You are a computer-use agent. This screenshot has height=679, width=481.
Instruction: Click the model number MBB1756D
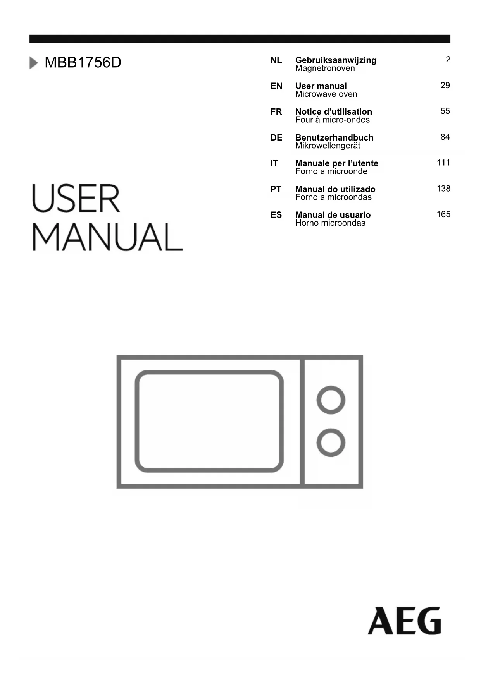point(83,63)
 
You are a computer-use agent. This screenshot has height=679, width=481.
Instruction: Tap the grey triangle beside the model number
point(34,63)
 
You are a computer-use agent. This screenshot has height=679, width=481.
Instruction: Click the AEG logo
point(404,621)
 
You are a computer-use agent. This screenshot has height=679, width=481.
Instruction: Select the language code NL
point(276,60)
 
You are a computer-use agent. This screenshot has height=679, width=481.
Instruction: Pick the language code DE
point(276,138)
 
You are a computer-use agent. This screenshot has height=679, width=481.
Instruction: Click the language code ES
point(276,215)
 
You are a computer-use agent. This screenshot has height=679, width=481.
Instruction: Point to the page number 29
point(445,86)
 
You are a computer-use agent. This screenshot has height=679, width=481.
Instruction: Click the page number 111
point(443,163)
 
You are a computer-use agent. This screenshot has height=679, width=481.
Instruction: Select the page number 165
point(443,214)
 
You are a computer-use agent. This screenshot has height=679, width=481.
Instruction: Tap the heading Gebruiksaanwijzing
point(336,60)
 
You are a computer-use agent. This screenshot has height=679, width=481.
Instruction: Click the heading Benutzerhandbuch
point(334,138)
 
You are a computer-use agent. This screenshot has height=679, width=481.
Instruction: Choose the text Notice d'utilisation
point(333,112)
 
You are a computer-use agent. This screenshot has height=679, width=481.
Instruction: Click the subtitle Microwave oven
point(326,94)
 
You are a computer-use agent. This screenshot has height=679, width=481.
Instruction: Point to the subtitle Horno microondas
point(330,223)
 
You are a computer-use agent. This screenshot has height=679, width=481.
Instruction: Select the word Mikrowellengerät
point(328,146)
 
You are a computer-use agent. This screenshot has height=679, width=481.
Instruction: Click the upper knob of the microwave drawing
point(331,400)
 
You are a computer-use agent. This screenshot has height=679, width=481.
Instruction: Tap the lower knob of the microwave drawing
point(331,442)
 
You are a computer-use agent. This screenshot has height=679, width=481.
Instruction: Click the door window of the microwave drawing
point(209,421)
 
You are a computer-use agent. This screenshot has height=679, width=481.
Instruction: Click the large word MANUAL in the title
point(107,237)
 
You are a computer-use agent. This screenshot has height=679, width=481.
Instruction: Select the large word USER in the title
point(76,199)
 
